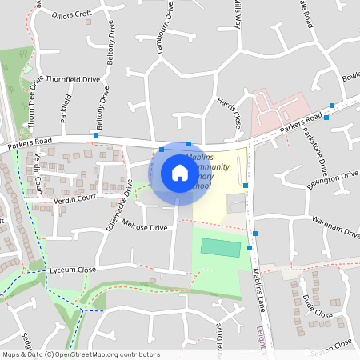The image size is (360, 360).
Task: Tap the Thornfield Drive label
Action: (x=73, y=79)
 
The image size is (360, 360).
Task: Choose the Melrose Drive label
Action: (x=146, y=228)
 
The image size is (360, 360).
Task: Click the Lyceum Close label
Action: (x=72, y=270)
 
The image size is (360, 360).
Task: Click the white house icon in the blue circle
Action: (x=179, y=173)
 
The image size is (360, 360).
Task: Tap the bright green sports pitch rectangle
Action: (x=219, y=247)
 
